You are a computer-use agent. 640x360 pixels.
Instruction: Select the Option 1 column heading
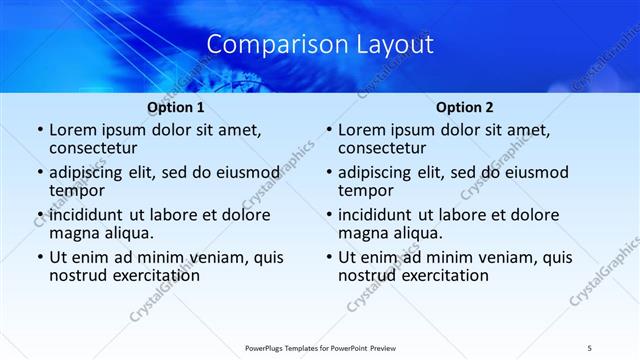(x=176, y=107)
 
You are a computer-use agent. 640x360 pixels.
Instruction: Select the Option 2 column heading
(x=465, y=107)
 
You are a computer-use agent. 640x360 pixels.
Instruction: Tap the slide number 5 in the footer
(x=590, y=347)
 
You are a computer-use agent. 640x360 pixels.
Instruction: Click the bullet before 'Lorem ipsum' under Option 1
(x=39, y=131)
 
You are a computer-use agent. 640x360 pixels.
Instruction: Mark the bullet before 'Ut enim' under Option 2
(x=328, y=257)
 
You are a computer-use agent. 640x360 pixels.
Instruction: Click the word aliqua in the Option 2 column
(x=419, y=234)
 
